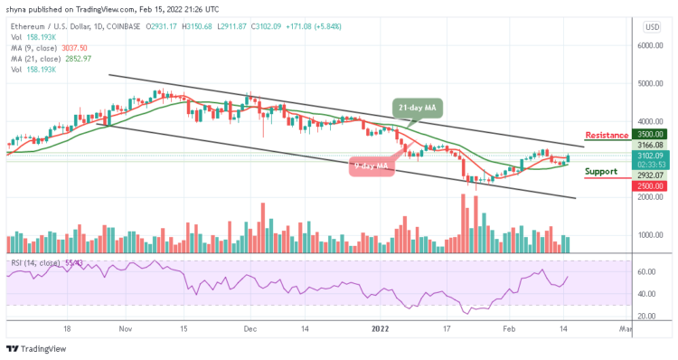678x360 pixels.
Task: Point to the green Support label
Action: [600, 171]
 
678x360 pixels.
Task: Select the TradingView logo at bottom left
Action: [38, 348]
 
